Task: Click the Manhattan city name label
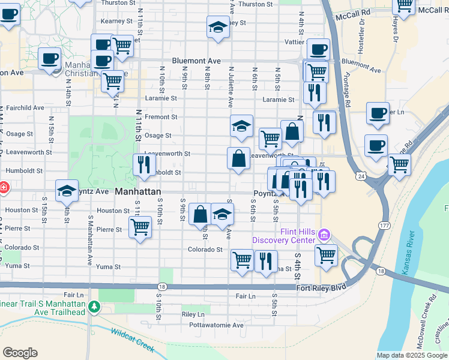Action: point(138,191)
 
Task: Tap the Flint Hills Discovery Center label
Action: point(283,236)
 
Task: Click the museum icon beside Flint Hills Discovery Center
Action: point(325,233)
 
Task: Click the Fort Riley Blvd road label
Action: point(322,288)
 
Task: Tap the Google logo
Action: point(20,353)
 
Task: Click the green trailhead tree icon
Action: point(94,307)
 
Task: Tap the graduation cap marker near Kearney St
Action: point(218,26)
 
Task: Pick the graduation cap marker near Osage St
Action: point(241,126)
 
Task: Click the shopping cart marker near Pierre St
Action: point(140,227)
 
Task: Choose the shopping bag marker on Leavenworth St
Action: point(239,158)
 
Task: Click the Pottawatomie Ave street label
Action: point(217,325)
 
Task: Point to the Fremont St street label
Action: point(161,117)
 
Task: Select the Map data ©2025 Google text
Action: point(411,355)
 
